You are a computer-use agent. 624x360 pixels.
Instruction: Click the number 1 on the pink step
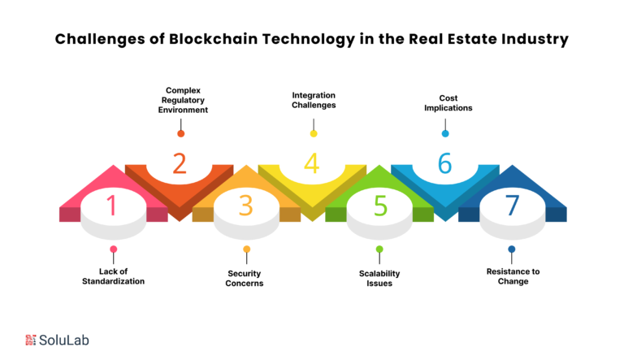(x=112, y=206)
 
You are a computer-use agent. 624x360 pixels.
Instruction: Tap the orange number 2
(x=180, y=163)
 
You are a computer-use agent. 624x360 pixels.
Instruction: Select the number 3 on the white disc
(x=246, y=206)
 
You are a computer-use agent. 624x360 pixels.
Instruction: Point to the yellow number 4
(x=312, y=163)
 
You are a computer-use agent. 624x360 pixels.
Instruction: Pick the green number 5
(x=380, y=206)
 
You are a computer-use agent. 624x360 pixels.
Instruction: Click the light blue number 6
(x=445, y=163)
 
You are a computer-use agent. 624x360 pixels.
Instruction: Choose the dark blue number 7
(x=512, y=206)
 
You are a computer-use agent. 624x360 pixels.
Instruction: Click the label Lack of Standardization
(x=114, y=276)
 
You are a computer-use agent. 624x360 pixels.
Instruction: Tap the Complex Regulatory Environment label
(x=183, y=100)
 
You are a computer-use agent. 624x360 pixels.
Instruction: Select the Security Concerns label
(x=245, y=279)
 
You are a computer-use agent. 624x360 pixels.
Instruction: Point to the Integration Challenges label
(x=314, y=100)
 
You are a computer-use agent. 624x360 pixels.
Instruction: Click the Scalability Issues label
(x=379, y=279)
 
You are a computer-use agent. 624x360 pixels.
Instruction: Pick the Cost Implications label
(x=448, y=102)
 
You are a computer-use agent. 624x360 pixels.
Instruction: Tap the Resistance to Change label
(x=513, y=276)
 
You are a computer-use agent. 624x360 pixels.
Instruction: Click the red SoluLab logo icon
(x=31, y=340)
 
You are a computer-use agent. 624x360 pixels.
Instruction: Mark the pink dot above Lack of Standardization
(x=114, y=249)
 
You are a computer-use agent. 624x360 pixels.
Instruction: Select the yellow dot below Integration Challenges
(x=314, y=133)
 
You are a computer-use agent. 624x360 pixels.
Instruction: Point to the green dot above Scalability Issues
(x=379, y=249)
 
